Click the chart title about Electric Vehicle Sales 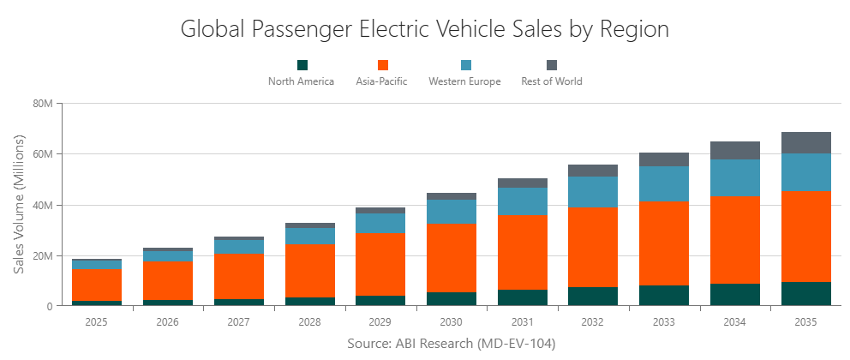[424, 28]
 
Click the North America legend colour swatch [302, 65]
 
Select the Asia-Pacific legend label [381, 81]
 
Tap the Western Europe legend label [464, 81]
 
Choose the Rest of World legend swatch [552, 65]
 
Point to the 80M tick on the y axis [43, 104]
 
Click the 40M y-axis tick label [43, 206]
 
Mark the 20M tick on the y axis [43, 256]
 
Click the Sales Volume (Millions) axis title [19, 204]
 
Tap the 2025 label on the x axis [97, 322]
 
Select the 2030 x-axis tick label [452, 322]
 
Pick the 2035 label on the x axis [805, 322]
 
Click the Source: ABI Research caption [452, 344]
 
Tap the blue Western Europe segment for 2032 [593, 191]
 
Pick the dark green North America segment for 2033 [664, 296]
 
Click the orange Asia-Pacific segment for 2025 [97, 285]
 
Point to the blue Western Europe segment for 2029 [380, 223]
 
